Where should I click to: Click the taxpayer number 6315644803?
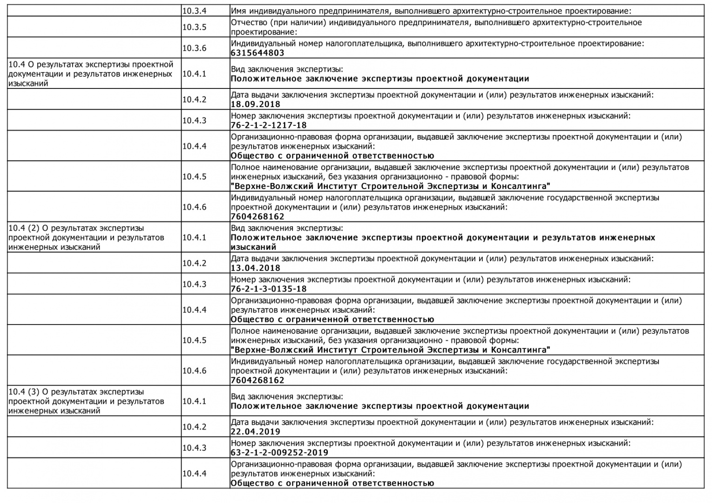257,53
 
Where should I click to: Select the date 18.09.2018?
255,104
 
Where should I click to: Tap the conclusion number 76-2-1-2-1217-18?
269,125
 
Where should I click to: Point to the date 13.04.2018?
255,268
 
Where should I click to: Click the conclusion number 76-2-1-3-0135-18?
269,289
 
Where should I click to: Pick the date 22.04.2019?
255,432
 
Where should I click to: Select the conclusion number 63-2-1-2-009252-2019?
279,453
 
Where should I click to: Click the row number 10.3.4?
194,11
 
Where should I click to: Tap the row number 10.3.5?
194,27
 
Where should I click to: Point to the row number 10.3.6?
194,48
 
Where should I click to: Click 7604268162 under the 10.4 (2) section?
257,380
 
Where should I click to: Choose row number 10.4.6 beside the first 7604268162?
194,207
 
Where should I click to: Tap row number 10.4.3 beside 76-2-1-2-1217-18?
194,121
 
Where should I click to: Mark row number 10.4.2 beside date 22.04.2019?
194,427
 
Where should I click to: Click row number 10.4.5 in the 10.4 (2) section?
194,340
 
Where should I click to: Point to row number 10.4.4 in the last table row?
194,474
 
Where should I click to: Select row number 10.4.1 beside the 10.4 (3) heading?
194,401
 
